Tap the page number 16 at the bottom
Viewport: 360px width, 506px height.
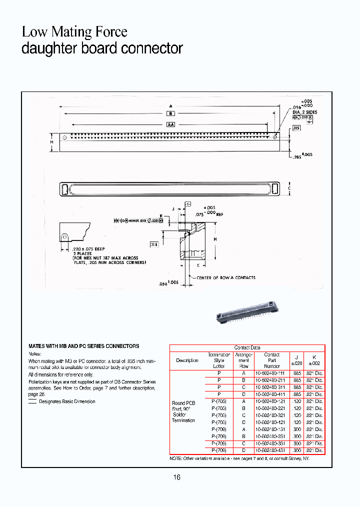pos(177,477)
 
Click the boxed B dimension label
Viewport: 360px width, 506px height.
pos(170,113)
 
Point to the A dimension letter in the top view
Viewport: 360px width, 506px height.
pos(170,106)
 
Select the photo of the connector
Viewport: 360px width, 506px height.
pos(246,312)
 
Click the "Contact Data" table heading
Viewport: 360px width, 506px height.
pos(247,347)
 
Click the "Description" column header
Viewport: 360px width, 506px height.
pos(187,360)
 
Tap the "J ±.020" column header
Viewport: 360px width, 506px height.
pos(296,360)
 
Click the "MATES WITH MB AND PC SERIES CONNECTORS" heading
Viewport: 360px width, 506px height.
pos(83,346)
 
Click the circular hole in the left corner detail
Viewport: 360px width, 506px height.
pos(64,236)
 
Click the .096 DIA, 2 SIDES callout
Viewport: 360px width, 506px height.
pos(304,109)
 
